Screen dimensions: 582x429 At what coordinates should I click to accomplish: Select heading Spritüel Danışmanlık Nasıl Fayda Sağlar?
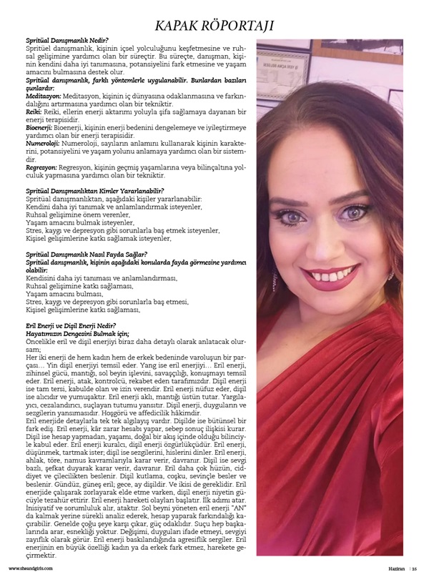tap(86, 255)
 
